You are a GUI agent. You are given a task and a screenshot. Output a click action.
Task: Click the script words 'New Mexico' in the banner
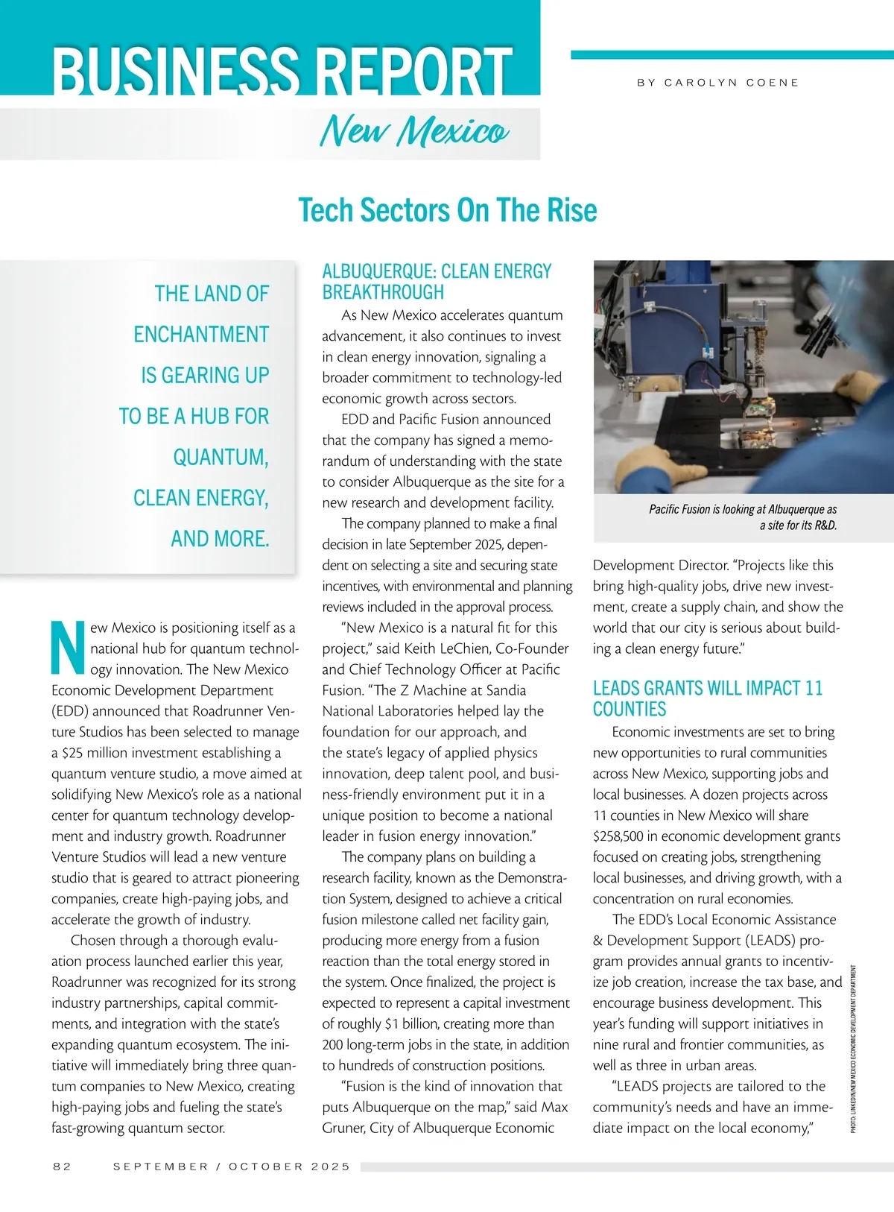tap(414, 132)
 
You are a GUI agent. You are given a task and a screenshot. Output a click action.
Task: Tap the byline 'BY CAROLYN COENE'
tap(717, 83)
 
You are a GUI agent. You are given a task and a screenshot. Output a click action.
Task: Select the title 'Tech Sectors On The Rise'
tap(447, 210)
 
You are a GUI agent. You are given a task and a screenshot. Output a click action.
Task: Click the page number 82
tap(62, 1167)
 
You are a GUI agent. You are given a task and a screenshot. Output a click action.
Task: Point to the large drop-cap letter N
tap(69, 644)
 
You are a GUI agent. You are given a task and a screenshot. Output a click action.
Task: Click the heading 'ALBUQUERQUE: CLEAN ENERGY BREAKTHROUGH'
tap(437, 281)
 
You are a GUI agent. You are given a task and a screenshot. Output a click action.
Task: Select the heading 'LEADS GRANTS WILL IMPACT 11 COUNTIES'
tap(707, 698)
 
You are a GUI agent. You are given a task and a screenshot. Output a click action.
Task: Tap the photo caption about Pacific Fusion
tap(743, 517)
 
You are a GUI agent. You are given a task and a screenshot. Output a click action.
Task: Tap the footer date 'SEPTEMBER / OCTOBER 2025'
tap(231, 1167)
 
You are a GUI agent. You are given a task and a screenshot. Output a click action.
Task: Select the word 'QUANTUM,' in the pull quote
tap(221, 457)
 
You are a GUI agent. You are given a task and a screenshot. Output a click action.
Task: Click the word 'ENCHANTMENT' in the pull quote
tap(201, 334)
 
